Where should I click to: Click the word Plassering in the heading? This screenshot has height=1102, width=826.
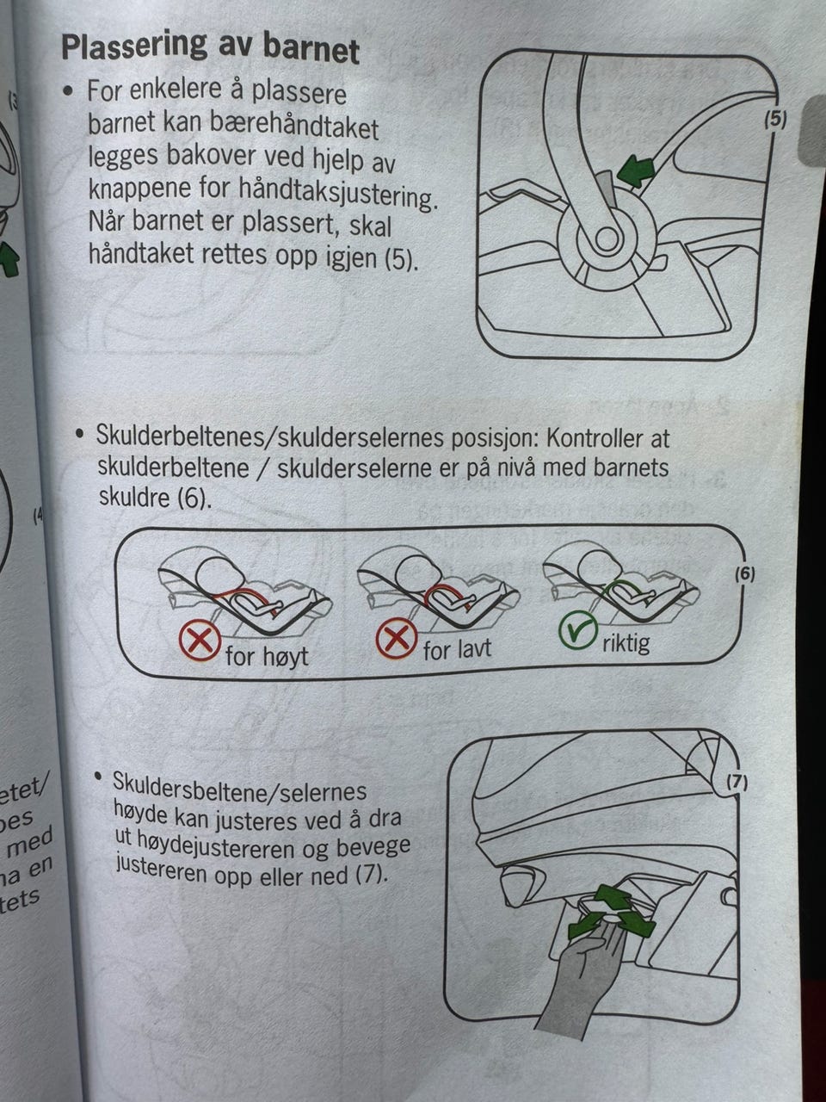[x=134, y=46]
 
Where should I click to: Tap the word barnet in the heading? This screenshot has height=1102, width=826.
[x=311, y=49]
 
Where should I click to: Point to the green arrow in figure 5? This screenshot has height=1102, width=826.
[x=636, y=170]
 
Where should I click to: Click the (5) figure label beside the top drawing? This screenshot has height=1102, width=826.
[x=775, y=120]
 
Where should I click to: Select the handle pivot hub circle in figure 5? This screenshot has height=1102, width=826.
[x=607, y=239]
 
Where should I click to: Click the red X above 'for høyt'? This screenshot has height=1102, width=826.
[x=200, y=641]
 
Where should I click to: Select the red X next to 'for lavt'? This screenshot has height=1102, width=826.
[x=396, y=638]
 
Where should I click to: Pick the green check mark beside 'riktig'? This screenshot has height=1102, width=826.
[x=578, y=631]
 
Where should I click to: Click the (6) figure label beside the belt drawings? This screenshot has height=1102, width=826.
[x=745, y=574]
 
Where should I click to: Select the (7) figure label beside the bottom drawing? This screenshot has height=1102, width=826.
[x=737, y=782]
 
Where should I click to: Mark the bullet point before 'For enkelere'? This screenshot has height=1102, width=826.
[x=69, y=92]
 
